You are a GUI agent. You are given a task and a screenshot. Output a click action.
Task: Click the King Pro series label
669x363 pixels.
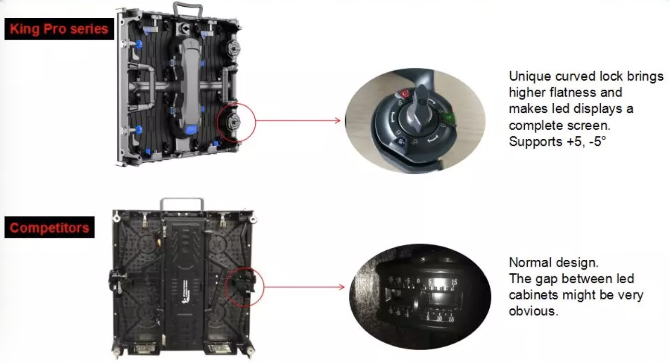tap(59, 29)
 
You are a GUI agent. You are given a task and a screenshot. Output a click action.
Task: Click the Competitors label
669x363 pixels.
tap(50, 228)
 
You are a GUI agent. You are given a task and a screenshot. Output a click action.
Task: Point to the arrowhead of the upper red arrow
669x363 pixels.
tap(337, 121)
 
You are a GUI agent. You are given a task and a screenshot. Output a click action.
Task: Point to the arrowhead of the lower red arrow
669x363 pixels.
tap(342, 287)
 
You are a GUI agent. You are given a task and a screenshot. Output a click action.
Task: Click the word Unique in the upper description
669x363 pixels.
tap(530, 76)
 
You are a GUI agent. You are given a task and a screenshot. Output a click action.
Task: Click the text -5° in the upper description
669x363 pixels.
tap(597, 141)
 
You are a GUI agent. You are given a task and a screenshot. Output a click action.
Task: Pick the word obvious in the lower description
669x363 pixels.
tap(533, 311)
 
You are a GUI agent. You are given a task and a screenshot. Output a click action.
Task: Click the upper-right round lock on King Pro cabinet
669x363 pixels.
tap(233, 48)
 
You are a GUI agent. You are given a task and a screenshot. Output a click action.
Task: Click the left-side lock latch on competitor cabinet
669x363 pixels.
tap(117, 281)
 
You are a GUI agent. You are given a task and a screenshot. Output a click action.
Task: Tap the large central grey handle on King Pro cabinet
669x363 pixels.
tap(190, 86)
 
